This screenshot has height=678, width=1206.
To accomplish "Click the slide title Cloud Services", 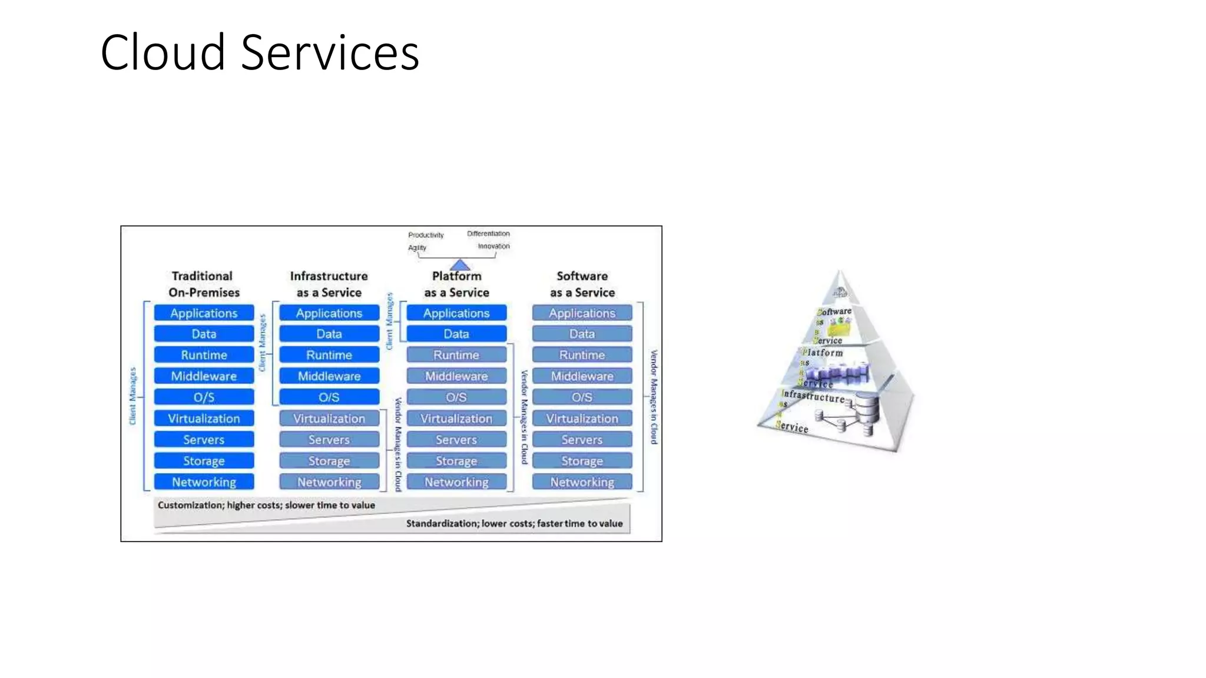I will [260, 52].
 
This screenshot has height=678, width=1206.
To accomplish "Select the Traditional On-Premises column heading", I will [203, 284].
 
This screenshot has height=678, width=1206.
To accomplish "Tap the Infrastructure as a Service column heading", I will [329, 284].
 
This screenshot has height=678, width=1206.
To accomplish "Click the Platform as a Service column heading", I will [456, 284].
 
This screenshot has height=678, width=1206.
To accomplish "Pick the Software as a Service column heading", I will [582, 284].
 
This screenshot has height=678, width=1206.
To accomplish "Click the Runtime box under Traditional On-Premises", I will [204, 355].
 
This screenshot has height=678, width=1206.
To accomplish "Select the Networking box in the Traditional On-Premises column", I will [204, 482].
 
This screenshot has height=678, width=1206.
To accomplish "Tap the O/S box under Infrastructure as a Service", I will [329, 397].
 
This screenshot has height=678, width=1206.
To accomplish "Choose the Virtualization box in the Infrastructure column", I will [329, 418].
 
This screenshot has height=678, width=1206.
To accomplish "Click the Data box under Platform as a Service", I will [456, 334].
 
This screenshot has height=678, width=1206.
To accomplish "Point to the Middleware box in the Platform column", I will [456, 376].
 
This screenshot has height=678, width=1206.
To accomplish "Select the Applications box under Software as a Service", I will [582, 313].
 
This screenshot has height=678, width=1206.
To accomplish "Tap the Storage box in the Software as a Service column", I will [582, 461].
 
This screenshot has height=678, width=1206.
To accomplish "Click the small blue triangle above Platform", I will [460, 265].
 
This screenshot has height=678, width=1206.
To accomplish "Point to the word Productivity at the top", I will [426, 235].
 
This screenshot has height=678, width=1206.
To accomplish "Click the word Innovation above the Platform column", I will [493, 247].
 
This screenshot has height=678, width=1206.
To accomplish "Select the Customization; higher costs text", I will [266, 505].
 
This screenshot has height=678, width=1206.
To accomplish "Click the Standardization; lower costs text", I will [514, 523].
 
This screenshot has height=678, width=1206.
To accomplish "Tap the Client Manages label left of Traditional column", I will [132, 396].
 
